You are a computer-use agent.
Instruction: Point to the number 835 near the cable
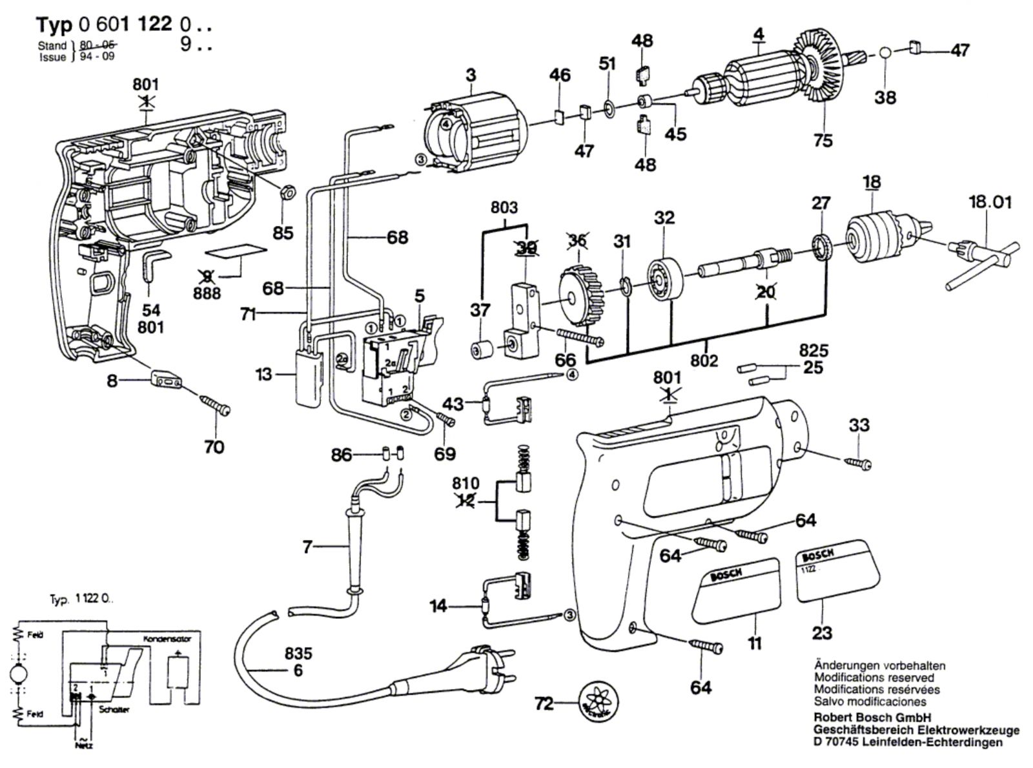(x=298, y=653)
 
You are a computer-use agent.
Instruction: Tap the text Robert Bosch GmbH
(x=872, y=718)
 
